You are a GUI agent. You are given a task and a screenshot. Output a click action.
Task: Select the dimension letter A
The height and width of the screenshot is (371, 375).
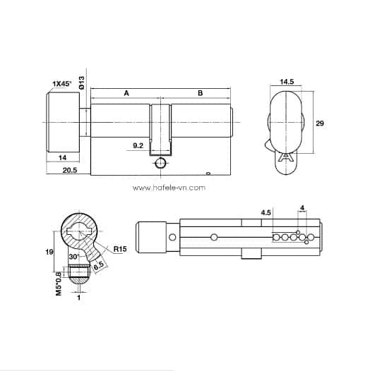(x=126, y=92)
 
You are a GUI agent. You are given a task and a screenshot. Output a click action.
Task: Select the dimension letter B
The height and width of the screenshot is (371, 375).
(x=200, y=92)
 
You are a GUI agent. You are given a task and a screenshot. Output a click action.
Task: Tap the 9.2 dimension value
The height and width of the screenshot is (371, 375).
(x=138, y=146)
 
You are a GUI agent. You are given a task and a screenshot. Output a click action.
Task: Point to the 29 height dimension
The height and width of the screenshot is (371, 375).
(x=319, y=123)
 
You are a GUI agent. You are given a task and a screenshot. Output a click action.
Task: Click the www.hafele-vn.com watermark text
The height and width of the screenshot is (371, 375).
(x=169, y=188)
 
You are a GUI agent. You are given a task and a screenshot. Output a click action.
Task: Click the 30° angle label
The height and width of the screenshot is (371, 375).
(x=73, y=257)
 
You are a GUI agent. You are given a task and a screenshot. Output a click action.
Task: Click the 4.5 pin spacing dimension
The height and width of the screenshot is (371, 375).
(x=266, y=212)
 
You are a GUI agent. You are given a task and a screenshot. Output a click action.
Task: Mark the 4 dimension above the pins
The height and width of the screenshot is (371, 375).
(x=302, y=207)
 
